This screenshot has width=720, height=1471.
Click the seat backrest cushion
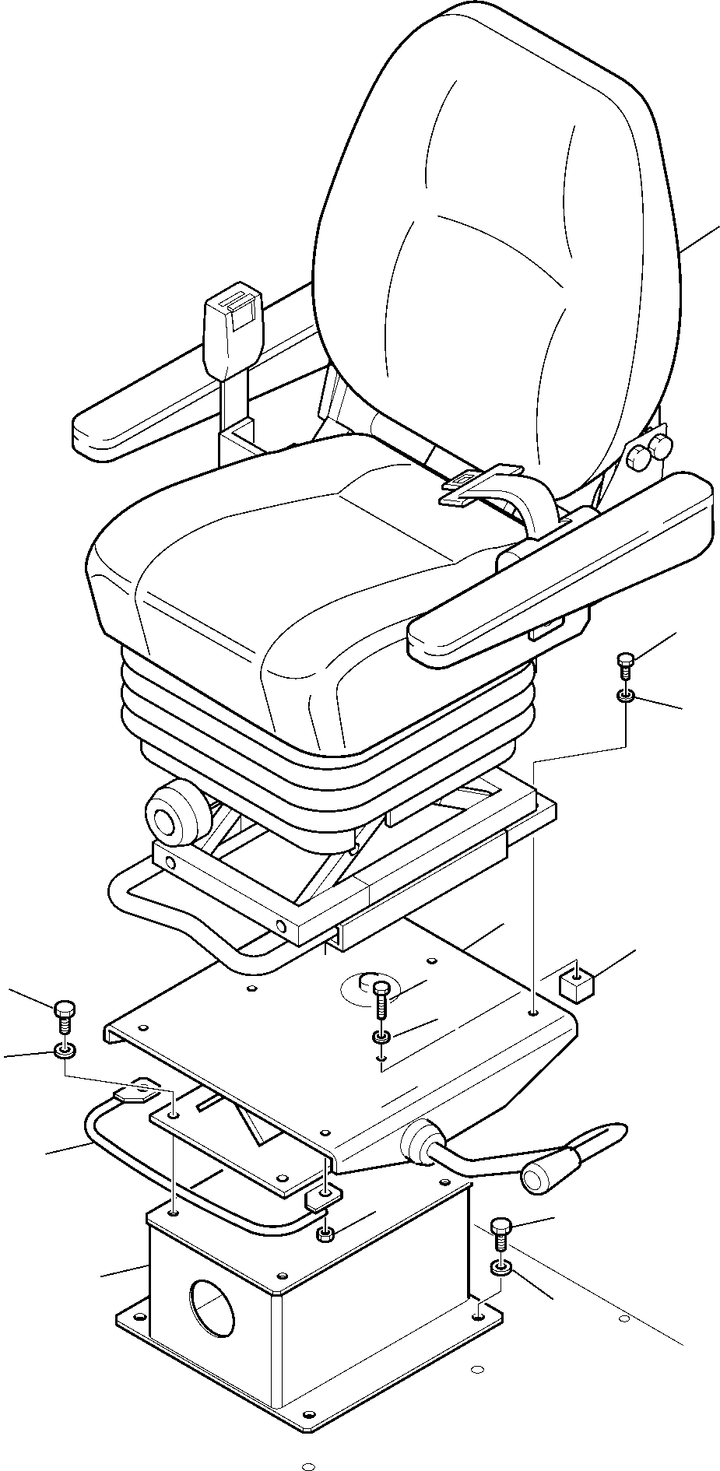(498, 233)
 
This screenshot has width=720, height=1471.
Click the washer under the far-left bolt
(64, 1052)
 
